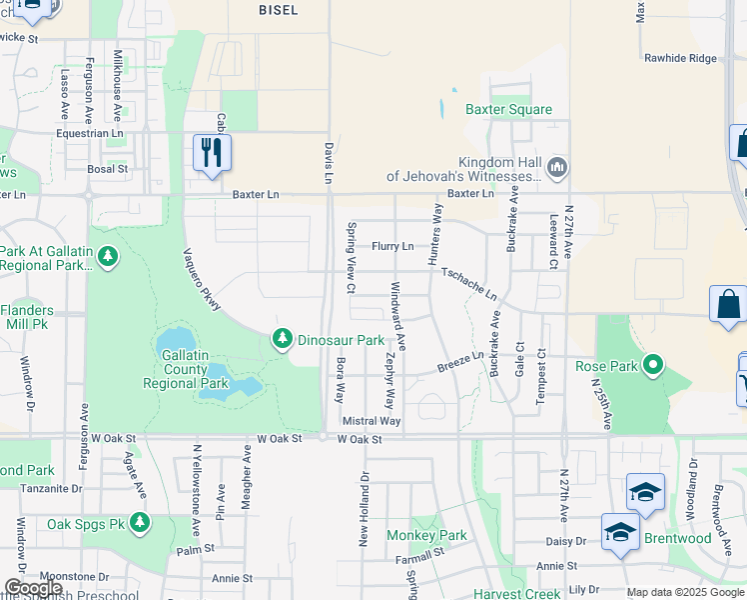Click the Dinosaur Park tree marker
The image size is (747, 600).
tap(283, 340)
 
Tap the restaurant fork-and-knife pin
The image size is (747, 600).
tap(212, 153)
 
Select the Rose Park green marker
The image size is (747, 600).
tap(653, 366)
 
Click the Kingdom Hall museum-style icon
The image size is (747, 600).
tap(557, 165)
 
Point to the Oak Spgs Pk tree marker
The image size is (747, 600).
tap(140, 523)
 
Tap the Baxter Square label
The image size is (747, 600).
tap(508, 109)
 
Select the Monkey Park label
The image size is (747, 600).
tap(426, 535)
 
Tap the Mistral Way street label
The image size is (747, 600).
tap(371, 421)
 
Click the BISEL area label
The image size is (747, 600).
tap(278, 8)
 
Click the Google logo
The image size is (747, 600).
tap(34, 588)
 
